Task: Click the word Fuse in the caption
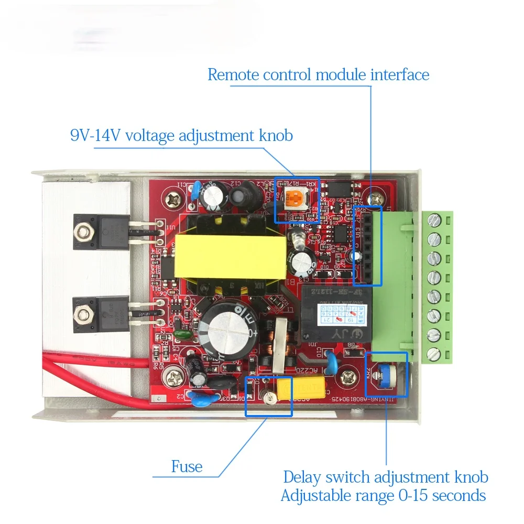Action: point(187,466)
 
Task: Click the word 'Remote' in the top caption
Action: point(234,74)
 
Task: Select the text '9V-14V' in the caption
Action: point(96,136)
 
